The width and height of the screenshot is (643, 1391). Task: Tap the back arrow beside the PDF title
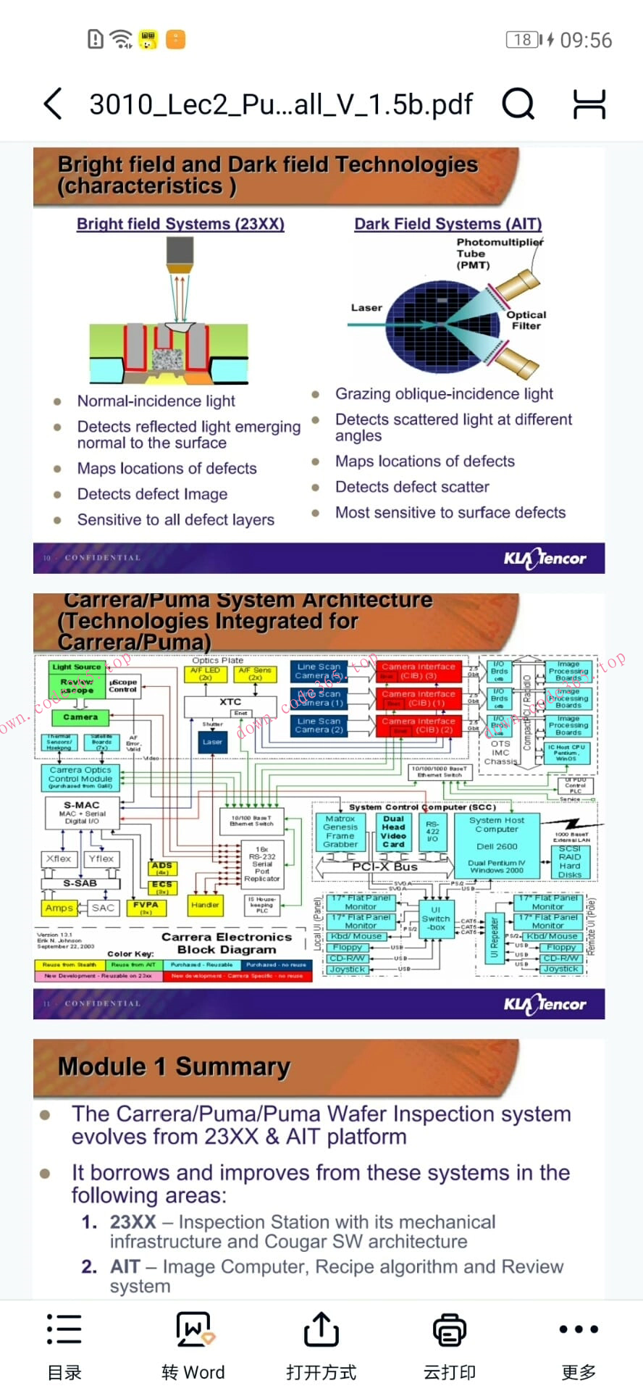click(x=53, y=104)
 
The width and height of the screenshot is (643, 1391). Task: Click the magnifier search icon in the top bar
click(x=518, y=104)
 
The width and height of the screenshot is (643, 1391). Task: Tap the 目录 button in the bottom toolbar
click(x=64, y=1345)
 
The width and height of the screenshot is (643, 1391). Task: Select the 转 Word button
click(x=193, y=1345)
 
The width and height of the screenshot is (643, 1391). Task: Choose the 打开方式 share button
click(x=321, y=1345)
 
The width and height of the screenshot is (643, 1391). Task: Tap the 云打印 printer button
click(x=450, y=1345)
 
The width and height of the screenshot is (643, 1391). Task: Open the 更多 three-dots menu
click(x=579, y=1345)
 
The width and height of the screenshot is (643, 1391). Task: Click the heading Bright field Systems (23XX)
click(x=180, y=224)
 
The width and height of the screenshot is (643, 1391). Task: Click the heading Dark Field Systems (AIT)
click(x=447, y=224)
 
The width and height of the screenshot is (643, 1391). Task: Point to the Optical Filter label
click(x=526, y=320)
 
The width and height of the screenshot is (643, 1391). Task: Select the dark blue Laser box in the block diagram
click(x=212, y=742)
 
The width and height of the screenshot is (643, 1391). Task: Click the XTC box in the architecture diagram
click(x=230, y=703)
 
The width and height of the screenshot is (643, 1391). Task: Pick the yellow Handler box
click(x=205, y=905)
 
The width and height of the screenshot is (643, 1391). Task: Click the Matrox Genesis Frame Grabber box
click(x=340, y=831)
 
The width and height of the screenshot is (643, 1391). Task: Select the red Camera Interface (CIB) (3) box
click(x=419, y=671)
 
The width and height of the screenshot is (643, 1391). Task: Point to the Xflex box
click(x=59, y=859)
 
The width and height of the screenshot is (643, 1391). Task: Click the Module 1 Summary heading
click(x=174, y=1066)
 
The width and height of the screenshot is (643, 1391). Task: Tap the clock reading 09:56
click(x=586, y=40)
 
